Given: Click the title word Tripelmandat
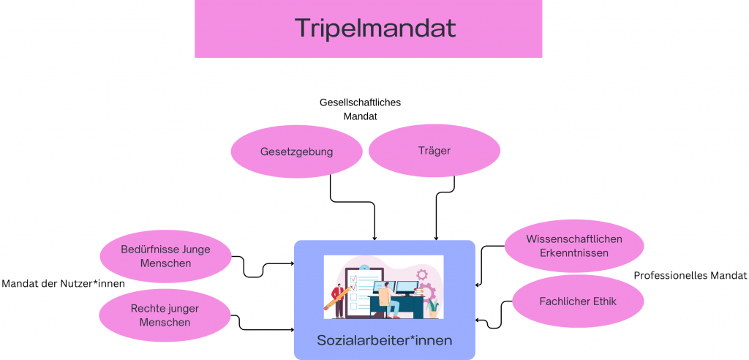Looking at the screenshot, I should (375, 28).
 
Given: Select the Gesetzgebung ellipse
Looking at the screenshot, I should (296, 151).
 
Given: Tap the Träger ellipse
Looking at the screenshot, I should (434, 151).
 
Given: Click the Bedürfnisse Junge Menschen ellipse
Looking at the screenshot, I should (165, 256).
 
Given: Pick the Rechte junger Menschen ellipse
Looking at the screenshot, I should (165, 315).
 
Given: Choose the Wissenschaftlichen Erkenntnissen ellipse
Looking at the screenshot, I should (573, 246).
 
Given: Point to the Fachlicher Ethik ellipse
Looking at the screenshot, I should (578, 301).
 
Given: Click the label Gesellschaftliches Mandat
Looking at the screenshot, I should (360, 109).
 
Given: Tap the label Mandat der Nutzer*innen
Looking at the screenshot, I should (63, 284).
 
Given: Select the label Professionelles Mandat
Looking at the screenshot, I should (690, 276).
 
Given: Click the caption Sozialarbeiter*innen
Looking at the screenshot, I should (384, 340).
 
